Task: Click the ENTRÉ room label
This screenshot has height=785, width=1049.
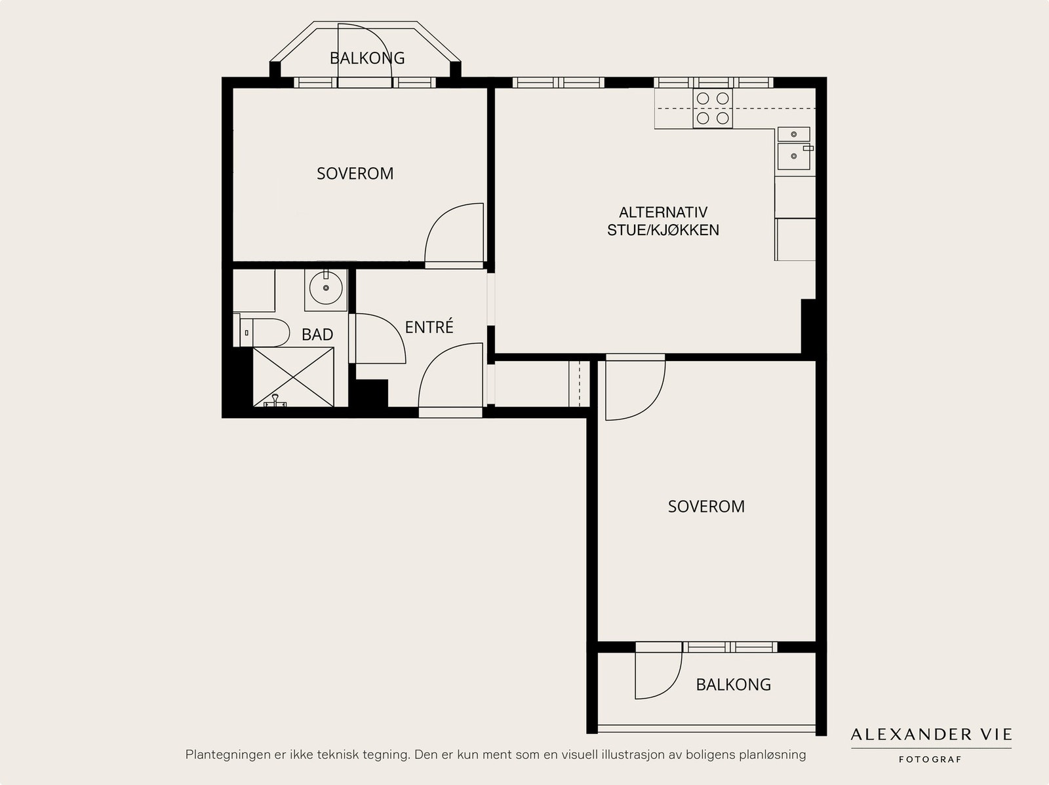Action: pos(429,327)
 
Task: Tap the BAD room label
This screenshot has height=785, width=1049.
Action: pos(317,335)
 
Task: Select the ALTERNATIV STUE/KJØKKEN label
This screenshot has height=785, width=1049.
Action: pos(663,221)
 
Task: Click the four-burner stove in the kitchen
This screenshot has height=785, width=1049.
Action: pos(713,108)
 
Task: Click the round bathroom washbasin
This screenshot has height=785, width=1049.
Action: pos(326,288)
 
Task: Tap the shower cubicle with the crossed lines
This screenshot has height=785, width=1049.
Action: pos(293,377)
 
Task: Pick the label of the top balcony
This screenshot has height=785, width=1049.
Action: pos(367,58)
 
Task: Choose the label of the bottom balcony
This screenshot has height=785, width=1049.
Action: pos(733,685)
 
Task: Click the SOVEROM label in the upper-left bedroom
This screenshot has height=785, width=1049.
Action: pos(355,174)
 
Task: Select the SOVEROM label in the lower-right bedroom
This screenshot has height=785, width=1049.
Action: pos(706,506)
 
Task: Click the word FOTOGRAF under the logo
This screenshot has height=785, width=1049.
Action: pos(930,759)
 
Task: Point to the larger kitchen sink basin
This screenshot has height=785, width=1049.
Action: pos(794,156)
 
